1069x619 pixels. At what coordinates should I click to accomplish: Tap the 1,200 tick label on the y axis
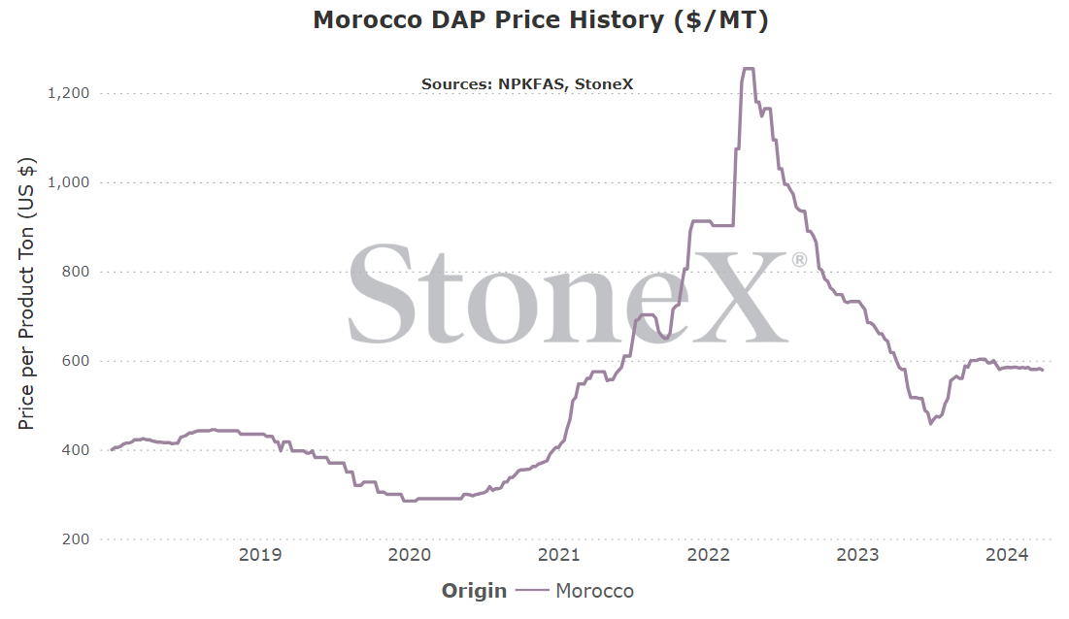(x=68, y=93)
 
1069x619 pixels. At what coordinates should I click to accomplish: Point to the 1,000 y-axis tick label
(x=68, y=182)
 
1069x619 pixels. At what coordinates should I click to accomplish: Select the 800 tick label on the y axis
(x=76, y=272)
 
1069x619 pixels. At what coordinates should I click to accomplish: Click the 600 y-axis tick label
(x=76, y=361)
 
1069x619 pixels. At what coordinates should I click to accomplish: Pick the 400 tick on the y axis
(x=76, y=450)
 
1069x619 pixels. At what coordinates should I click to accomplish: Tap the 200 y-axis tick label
(x=76, y=539)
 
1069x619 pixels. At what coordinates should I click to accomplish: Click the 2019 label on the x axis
(x=260, y=555)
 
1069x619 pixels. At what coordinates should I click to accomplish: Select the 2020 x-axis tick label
(x=410, y=555)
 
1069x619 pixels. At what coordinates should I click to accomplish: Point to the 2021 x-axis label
(x=559, y=555)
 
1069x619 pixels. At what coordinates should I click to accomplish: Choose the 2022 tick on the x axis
(x=709, y=555)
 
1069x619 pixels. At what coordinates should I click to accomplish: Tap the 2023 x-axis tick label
(x=857, y=555)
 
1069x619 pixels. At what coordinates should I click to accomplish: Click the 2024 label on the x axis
(x=1007, y=555)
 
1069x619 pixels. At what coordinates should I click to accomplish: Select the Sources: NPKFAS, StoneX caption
(x=527, y=84)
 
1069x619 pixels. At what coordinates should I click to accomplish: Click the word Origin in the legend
(x=474, y=591)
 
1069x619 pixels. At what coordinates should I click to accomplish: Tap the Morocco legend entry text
(x=594, y=591)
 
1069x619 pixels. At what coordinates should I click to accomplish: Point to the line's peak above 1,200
(x=748, y=68)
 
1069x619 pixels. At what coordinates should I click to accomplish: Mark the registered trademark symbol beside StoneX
(x=799, y=260)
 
